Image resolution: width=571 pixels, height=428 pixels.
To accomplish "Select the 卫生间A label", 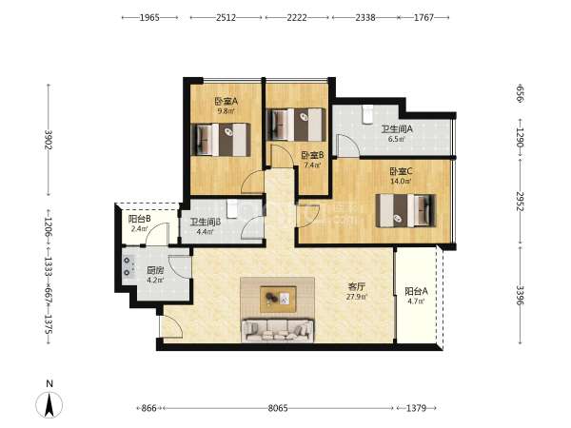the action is point(397,129).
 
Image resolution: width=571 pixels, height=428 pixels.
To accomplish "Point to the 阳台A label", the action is point(416,292).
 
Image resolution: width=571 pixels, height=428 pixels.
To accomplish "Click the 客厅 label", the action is point(356,287).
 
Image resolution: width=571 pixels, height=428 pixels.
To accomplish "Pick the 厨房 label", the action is point(155,271).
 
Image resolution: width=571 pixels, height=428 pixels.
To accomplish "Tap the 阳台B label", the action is point(140,219).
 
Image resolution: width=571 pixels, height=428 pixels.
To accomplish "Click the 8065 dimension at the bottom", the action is point(278,408).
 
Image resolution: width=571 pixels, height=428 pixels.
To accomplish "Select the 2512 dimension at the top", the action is point(226,17).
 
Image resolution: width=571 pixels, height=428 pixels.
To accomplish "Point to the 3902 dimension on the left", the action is point(49,140).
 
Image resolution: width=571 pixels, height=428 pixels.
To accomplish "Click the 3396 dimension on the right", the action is point(520,296).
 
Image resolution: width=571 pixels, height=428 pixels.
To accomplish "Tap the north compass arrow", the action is point(49,404).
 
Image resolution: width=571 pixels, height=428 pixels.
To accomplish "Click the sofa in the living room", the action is point(278,330).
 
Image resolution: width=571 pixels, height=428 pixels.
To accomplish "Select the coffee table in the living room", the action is point(278,299).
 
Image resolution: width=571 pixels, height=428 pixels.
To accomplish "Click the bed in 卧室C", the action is point(405,210).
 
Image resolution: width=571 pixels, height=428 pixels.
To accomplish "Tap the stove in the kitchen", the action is point(128,266).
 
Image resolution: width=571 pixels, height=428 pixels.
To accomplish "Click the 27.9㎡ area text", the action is point(357,297).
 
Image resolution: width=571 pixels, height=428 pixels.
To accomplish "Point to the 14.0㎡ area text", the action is point(401,181).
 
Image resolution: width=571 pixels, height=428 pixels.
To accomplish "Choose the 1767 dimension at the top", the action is point(423,17).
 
